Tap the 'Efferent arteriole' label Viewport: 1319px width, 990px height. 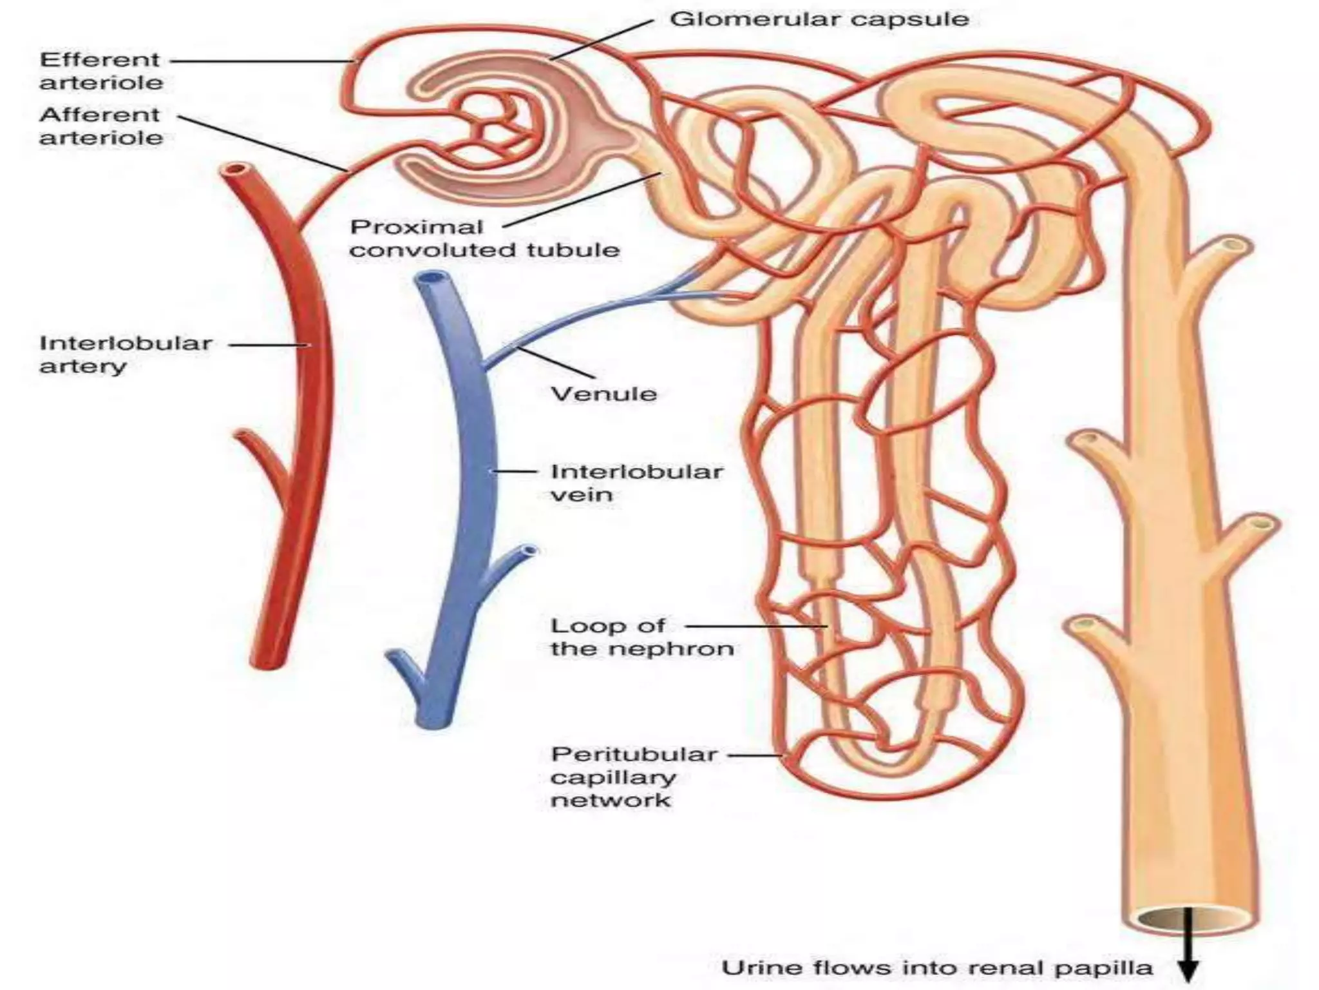click(100, 71)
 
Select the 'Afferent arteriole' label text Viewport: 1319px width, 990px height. click(100, 126)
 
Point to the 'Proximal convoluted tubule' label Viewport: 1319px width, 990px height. click(483, 238)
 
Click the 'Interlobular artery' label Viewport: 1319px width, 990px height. click(125, 354)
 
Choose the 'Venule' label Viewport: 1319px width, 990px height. click(603, 394)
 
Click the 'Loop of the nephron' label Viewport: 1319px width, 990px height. click(641, 637)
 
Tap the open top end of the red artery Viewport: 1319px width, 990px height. click(233, 171)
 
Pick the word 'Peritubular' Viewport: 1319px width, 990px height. click(634, 755)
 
